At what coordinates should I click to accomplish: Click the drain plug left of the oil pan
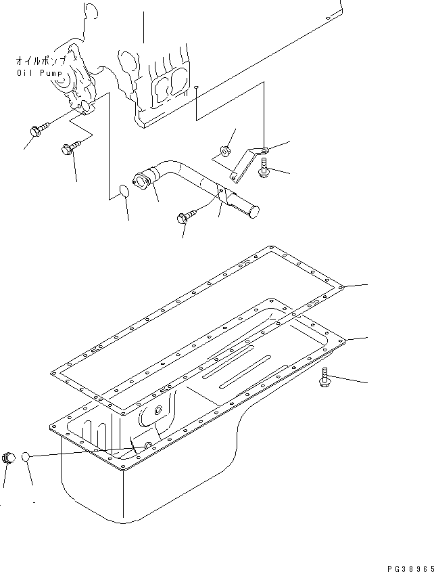tap(9, 458)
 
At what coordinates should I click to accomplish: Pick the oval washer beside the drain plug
tap(26, 458)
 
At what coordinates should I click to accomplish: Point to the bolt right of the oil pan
tap(325, 380)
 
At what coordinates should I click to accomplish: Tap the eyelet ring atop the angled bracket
tap(264, 151)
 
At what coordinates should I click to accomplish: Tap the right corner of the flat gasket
tap(343, 287)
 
